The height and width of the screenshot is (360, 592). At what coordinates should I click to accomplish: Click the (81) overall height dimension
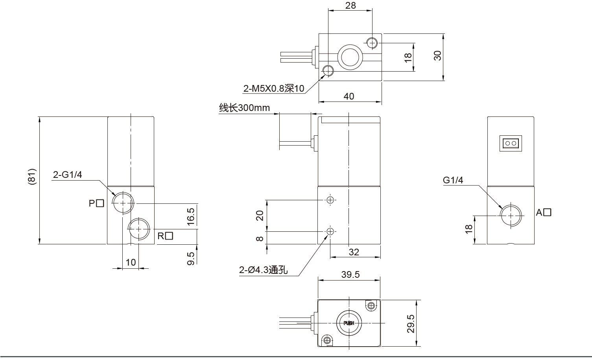(32, 177)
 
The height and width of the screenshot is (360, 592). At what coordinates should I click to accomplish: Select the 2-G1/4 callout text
(67, 175)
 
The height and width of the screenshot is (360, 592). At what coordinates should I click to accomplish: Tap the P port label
(96, 203)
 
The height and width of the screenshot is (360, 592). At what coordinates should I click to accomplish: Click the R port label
(165, 236)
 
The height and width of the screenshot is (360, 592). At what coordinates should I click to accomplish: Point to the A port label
(543, 212)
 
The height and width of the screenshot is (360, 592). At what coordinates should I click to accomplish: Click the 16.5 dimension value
(191, 216)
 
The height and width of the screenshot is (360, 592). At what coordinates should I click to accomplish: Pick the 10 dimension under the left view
(131, 262)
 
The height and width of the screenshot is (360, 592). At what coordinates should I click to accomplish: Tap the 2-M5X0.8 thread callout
(274, 89)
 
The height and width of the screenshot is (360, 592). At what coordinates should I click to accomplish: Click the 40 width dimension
(349, 96)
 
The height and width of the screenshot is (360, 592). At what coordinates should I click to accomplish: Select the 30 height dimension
(437, 56)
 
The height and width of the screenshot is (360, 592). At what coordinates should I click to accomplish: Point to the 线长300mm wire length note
(244, 108)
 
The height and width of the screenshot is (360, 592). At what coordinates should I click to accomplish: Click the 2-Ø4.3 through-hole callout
(263, 270)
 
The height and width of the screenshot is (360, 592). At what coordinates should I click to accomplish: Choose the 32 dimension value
(354, 252)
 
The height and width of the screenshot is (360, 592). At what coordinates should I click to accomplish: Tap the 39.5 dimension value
(350, 275)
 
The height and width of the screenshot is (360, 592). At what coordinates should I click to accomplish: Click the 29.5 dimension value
(411, 323)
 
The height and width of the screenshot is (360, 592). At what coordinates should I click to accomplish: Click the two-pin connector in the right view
(511, 143)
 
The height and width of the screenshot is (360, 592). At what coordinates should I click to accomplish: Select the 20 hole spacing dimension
(260, 216)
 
